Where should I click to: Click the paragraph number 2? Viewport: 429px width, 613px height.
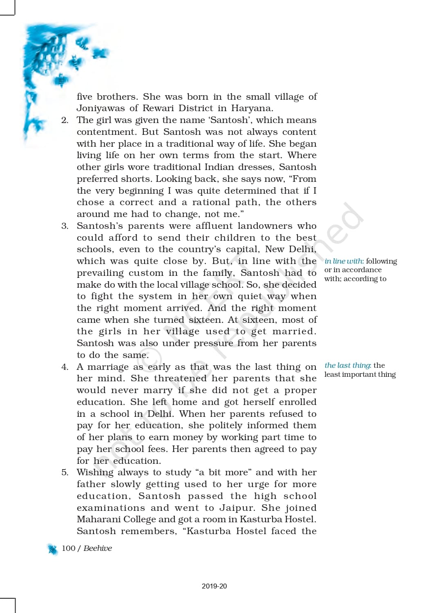pos(65,120)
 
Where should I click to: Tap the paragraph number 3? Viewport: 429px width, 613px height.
pos(65,226)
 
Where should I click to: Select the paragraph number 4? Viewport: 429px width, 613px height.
pos(65,367)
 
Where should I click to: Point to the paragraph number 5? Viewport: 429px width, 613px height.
pos(65,472)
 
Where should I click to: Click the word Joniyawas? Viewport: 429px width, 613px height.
pos(101,108)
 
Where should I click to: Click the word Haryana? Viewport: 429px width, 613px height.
pos(252,108)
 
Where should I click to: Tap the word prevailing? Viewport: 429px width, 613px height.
pos(101,273)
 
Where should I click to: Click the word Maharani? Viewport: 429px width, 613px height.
pos(98,519)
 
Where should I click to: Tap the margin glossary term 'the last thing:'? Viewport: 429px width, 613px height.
pos(348,365)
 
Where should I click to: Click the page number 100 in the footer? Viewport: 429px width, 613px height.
pos(69,548)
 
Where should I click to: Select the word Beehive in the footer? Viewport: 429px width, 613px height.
pos(98,548)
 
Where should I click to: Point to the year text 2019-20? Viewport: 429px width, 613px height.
pos(214,586)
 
